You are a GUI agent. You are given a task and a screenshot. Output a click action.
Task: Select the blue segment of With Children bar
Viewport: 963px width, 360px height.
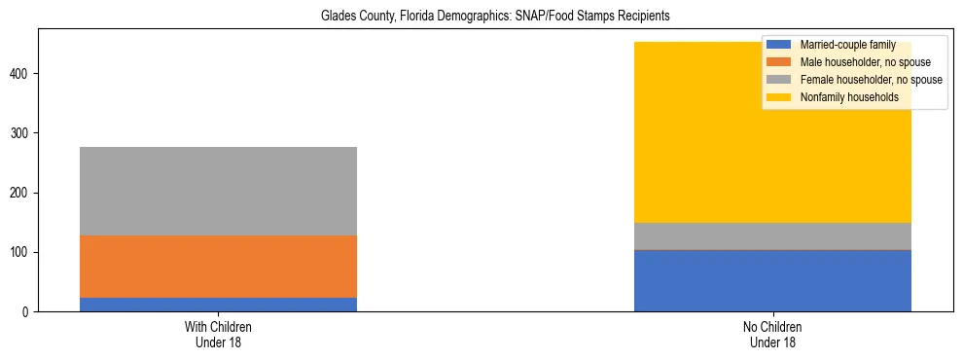click(218, 305)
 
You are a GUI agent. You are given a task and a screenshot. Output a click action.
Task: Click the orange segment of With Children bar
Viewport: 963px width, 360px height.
click(218, 267)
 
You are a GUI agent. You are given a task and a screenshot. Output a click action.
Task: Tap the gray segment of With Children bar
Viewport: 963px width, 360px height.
click(218, 191)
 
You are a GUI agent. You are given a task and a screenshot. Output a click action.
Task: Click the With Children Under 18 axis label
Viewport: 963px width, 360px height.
click(218, 335)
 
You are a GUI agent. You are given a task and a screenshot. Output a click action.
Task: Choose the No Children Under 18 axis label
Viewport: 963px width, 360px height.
click(772, 335)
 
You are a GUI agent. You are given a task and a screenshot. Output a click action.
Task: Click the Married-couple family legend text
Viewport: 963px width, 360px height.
click(848, 45)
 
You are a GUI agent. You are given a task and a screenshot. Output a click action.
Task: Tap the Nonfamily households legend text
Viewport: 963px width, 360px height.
click(849, 97)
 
